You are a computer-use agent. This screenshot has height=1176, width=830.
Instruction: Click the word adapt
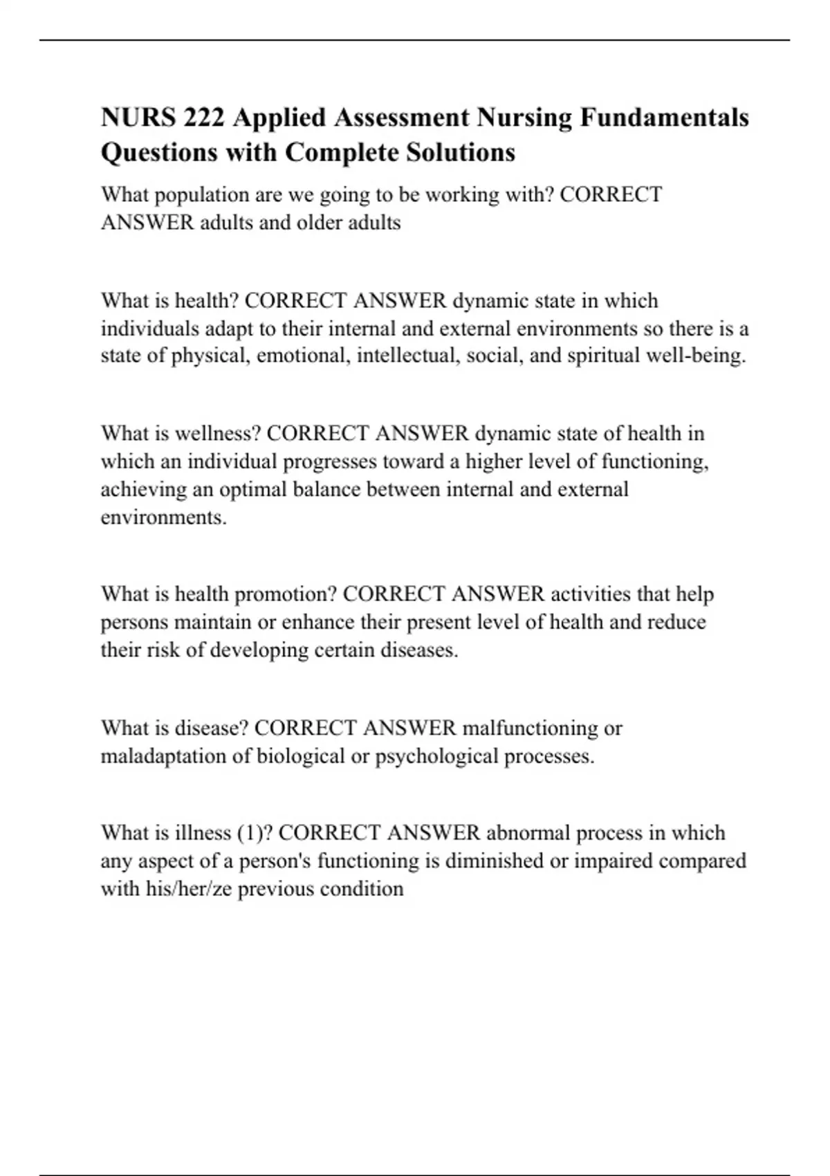tap(229, 328)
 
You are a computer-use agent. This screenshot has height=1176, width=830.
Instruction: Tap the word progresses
tap(330, 461)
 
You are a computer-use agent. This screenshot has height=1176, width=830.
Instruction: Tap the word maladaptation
tap(163, 756)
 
